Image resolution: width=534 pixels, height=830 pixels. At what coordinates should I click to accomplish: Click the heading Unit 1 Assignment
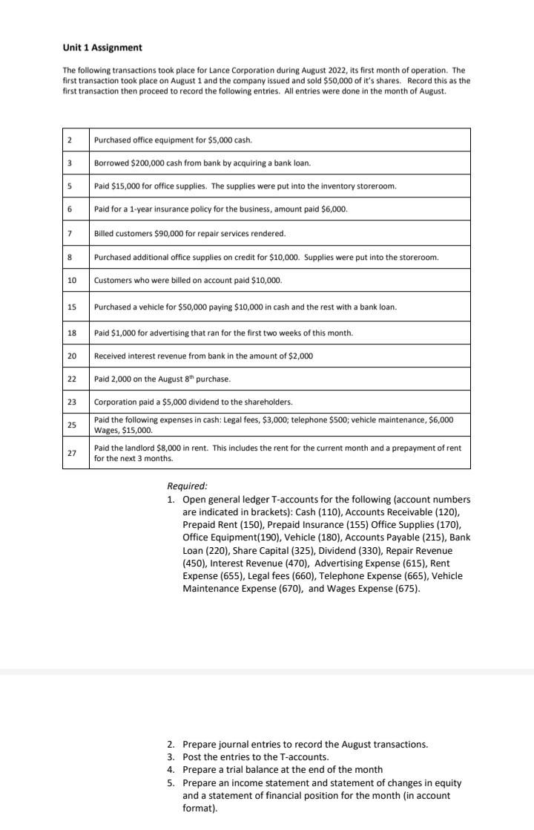[x=102, y=48]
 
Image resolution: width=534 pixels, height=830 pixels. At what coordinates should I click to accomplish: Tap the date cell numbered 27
[x=72, y=453]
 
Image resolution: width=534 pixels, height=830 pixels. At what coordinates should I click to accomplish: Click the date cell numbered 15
[x=72, y=307]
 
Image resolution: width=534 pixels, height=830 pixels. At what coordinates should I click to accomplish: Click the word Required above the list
[x=187, y=486]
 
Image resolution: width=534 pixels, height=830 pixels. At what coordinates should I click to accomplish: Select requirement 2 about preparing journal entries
[x=305, y=744]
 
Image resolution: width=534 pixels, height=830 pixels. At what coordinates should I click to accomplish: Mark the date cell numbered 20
[x=72, y=356]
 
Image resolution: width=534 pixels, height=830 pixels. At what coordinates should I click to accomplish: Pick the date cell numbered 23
[x=72, y=402]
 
